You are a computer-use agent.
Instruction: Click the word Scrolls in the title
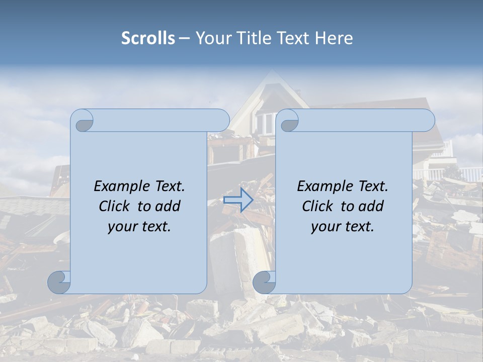pyautogui.click(x=148, y=38)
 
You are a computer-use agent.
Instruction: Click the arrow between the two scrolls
pyautogui.click(x=238, y=200)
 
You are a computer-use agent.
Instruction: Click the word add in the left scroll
pyautogui.click(x=169, y=206)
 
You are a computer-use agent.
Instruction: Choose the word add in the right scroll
pyautogui.click(x=372, y=206)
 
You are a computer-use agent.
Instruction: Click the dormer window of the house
pyautogui.click(x=265, y=122)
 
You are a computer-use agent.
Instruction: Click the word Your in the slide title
pyautogui.click(x=211, y=38)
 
